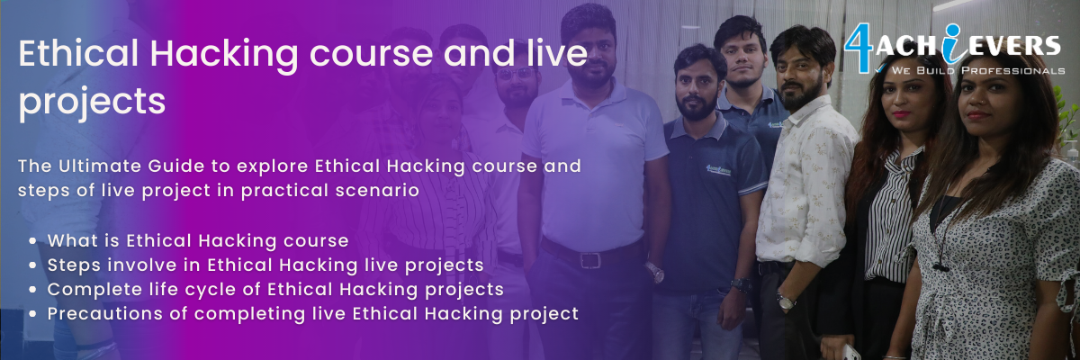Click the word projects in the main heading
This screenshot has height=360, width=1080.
[92, 103]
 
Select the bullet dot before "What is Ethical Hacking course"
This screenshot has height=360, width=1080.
[32, 241]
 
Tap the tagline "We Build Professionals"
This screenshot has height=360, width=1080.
[977, 71]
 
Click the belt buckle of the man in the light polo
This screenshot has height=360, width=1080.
[590, 260]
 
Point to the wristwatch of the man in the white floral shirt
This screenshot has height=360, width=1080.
[786, 301]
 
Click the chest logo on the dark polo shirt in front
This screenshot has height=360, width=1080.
[718, 169]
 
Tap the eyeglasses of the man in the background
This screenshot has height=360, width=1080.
[517, 74]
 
